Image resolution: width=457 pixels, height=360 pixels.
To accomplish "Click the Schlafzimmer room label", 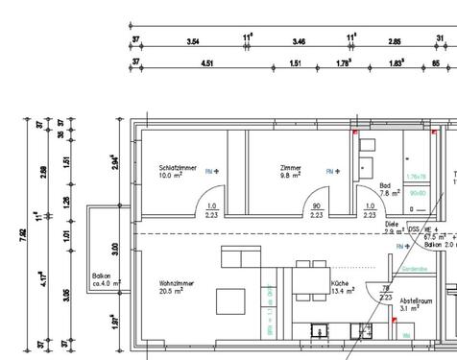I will pos(179,167).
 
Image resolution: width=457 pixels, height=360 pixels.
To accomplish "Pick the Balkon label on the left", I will pos(103,274).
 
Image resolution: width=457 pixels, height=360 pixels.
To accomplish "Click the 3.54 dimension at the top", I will pos(193,42).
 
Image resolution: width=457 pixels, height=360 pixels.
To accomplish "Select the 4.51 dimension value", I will pos(206,64).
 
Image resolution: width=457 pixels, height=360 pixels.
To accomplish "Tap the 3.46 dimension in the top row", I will pos(299,42).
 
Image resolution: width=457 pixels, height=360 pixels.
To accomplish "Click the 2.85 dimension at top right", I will pos(394,42).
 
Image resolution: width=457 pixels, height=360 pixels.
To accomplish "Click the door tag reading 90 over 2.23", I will pos(316,211).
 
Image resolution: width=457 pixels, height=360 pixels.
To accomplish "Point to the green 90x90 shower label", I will pos(417,192).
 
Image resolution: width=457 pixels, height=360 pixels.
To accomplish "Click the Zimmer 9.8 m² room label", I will pos(291,171).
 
